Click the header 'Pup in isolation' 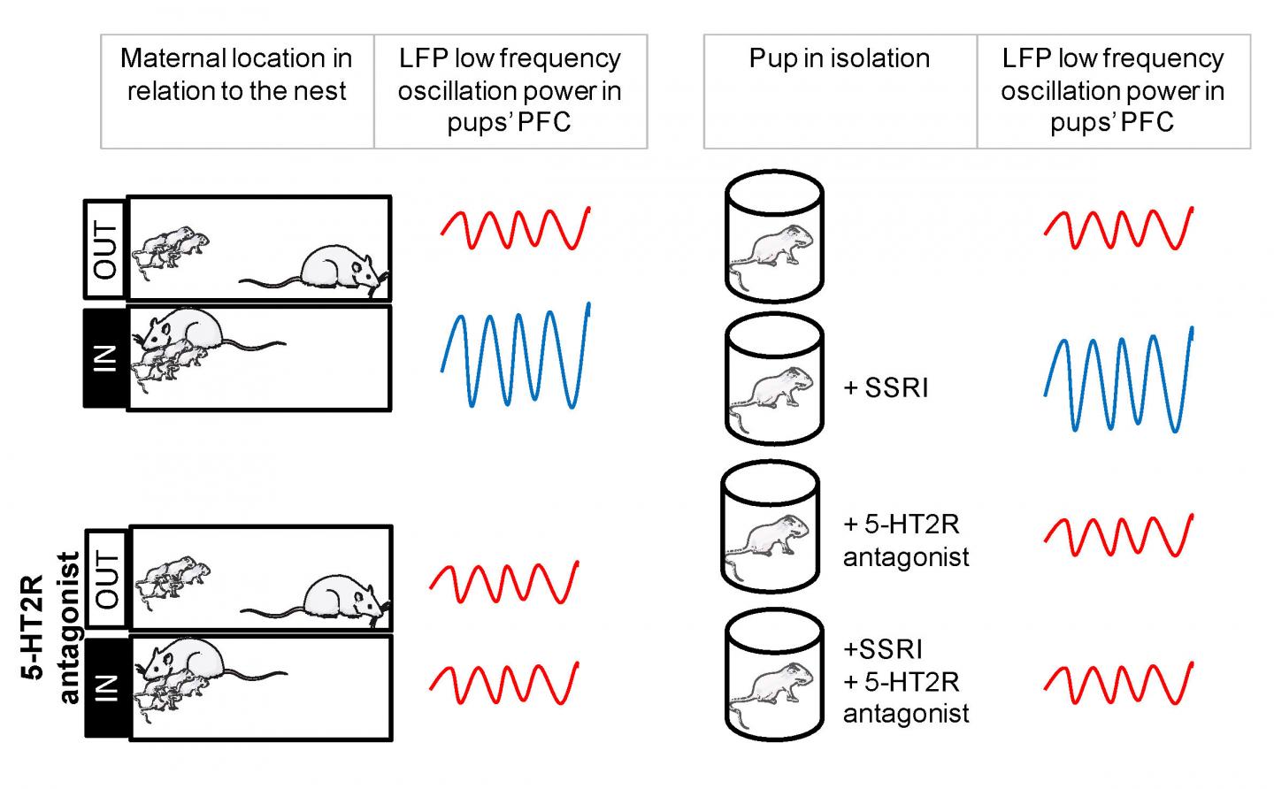tap(840, 58)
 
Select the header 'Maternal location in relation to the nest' tap(236, 74)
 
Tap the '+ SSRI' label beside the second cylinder tap(886, 388)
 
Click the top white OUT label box tap(104, 249)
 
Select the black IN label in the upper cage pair tap(106, 359)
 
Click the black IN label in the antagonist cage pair tap(108, 688)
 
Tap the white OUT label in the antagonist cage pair tap(106, 578)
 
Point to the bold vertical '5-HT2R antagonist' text tap(50, 627)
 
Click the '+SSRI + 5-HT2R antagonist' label tap(905, 682)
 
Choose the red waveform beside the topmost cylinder tap(1118, 228)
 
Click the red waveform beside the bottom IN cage tap(504, 684)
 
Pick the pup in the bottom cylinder tap(771, 693)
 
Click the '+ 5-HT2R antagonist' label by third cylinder tap(905, 540)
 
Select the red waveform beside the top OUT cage tap(515, 228)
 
